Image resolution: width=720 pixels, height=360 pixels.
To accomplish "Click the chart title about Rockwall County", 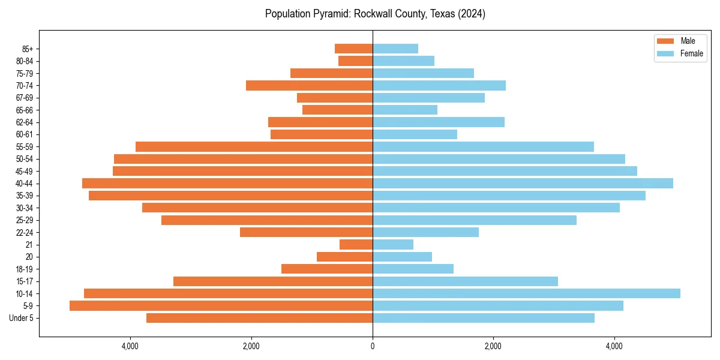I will (375, 14).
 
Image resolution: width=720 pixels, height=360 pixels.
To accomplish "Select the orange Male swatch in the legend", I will (665, 41).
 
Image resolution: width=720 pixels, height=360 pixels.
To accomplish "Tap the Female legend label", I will (692, 53).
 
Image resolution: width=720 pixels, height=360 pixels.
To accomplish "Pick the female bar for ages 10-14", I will (526, 293).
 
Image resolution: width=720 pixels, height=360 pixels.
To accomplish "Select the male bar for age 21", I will (356, 245).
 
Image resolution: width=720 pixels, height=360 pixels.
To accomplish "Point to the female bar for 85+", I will (395, 49).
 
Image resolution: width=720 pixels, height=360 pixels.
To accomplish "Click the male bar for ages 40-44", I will (227, 184).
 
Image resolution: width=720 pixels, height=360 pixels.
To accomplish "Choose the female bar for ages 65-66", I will (405, 110).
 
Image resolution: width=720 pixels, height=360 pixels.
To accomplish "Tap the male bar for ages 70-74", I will (309, 86).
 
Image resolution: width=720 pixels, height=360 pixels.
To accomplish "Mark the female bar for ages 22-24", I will (425, 232).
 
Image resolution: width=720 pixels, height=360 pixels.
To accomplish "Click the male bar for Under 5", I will (259, 318).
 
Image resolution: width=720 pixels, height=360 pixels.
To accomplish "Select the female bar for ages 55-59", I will (483, 147).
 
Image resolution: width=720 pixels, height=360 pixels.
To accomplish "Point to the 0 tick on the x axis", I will (373, 346).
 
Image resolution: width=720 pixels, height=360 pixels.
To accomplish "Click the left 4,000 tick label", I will (130, 346).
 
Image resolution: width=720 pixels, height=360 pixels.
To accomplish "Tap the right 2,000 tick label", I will (493, 346).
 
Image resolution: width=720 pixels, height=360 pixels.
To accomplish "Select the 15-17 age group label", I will (25, 281).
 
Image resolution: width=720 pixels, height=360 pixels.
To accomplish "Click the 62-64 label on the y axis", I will (25, 122).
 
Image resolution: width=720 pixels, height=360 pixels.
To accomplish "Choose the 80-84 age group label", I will (25, 61).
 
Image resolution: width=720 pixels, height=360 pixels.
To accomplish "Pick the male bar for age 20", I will (344, 257).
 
